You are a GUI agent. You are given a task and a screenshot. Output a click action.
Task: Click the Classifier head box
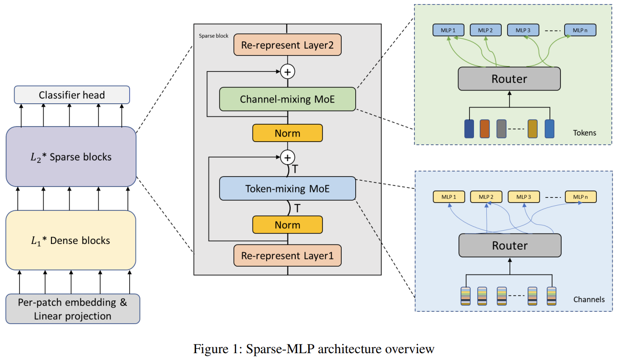click(x=72, y=95)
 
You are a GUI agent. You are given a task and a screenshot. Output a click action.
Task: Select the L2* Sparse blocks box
click(x=71, y=157)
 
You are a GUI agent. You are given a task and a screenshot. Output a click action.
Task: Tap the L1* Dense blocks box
click(x=71, y=240)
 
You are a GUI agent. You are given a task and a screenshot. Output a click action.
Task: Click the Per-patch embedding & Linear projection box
click(x=73, y=309)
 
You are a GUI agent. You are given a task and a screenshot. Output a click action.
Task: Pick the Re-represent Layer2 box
click(x=287, y=45)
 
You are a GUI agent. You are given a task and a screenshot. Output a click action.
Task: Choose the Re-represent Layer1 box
click(x=287, y=255)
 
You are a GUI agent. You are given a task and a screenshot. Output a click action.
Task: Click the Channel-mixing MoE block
click(x=287, y=99)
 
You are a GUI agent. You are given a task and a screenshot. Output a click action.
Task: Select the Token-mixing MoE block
click(x=287, y=188)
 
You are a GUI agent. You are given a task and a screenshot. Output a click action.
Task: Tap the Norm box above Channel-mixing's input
click(x=287, y=133)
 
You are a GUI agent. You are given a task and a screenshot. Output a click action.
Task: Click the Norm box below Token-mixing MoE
click(x=287, y=224)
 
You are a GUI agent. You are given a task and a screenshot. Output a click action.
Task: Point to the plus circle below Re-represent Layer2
click(x=287, y=71)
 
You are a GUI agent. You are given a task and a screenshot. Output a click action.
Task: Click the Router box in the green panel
click(x=509, y=79)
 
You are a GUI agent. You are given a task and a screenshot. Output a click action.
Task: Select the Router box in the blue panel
click(x=510, y=246)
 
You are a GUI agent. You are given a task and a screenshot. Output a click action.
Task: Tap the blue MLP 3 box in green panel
click(x=523, y=30)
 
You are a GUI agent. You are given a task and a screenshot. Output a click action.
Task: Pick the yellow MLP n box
click(x=580, y=197)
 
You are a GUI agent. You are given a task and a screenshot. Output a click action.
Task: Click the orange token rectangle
click(x=484, y=128)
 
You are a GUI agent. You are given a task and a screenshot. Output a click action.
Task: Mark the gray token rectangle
click(x=501, y=128)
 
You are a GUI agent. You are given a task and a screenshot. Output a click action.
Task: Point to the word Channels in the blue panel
click(x=589, y=299)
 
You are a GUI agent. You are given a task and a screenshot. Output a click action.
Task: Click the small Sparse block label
click(x=213, y=35)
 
